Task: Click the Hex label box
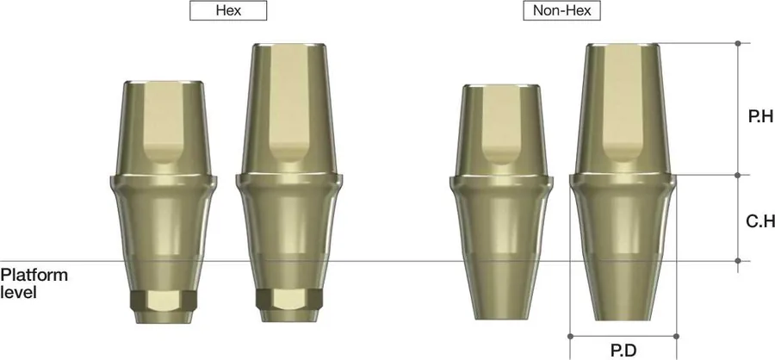(x=228, y=10)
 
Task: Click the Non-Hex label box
(x=562, y=10)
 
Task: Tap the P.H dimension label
(x=761, y=117)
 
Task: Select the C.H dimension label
(x=760, y=221)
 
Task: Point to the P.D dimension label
(x=623, y=351)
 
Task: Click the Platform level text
(x=34, y=282)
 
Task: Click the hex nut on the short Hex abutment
(x=164, y=301)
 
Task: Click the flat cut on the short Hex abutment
(x=164, y=122)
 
